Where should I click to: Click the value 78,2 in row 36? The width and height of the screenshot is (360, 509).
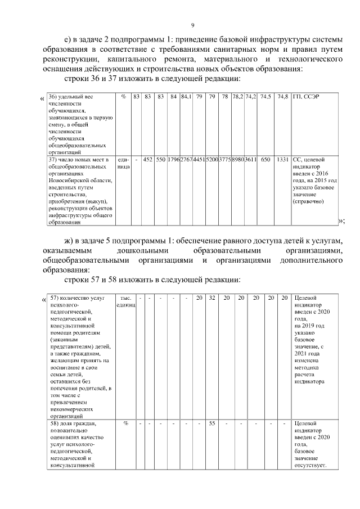tap(238, 97)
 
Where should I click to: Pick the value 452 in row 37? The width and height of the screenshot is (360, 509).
tap(148, 159)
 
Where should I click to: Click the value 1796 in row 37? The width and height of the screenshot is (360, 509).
tap(174, 159)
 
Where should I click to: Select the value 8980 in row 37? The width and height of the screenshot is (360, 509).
tap(238, 159)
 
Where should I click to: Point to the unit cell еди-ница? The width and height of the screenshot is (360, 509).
tap(124, 163)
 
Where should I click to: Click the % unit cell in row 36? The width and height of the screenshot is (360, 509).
tap(123, 97)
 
